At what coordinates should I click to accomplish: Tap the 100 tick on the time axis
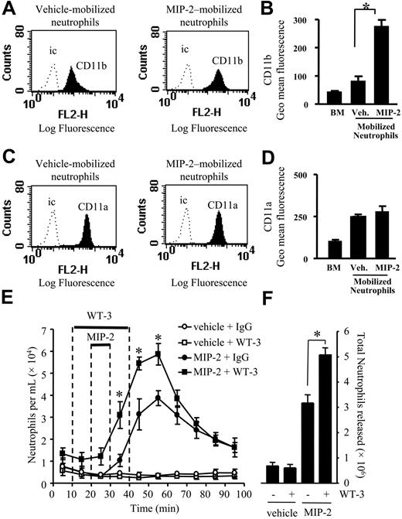(x=244, y=493)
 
